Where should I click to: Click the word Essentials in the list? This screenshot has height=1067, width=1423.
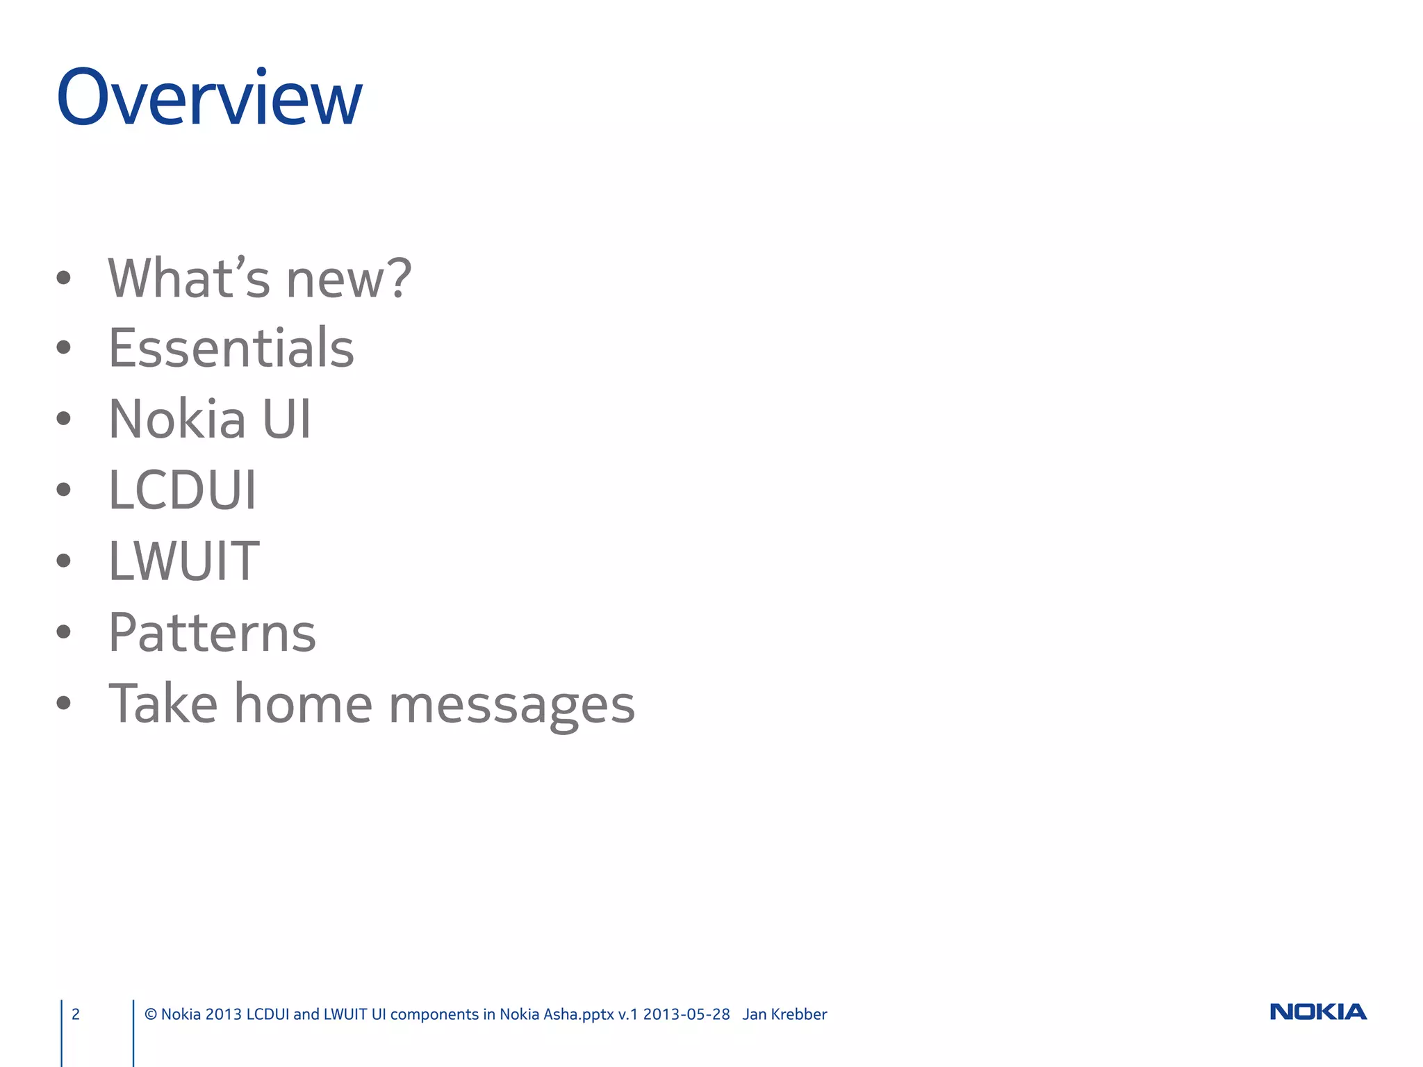(x=231, y=347)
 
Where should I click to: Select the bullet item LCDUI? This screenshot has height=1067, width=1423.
(x=183, y=490)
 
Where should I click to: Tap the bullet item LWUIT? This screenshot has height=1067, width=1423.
(x=184, y=561)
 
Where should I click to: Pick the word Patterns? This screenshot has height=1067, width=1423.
(x=212, y=633)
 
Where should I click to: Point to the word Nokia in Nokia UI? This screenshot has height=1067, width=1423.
(x=178, y=419)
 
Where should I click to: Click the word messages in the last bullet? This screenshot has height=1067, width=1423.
(x=511, y=704)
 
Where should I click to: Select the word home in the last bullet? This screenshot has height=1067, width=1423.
(x=303, y=704)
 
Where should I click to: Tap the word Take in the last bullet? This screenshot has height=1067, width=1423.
(x=163, y=704)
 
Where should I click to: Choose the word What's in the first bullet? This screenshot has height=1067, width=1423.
(x=188, y=278)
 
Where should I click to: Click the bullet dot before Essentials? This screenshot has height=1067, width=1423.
(x=64, y=347)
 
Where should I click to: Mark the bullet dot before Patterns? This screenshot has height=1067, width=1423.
(x=64, y=632)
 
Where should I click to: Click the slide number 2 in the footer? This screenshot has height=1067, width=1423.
(x=76, y=1014)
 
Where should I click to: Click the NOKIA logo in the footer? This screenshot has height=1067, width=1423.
(x=1317, y=1012)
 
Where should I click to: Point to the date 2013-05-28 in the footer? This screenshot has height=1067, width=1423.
(x=686, y=1014)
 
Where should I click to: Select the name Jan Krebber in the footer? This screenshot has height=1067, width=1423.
(x=784, y=1014)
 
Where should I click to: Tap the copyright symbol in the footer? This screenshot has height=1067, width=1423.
(x=150, y=1014)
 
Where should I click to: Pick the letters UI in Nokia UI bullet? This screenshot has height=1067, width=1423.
(x=286, y=419)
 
